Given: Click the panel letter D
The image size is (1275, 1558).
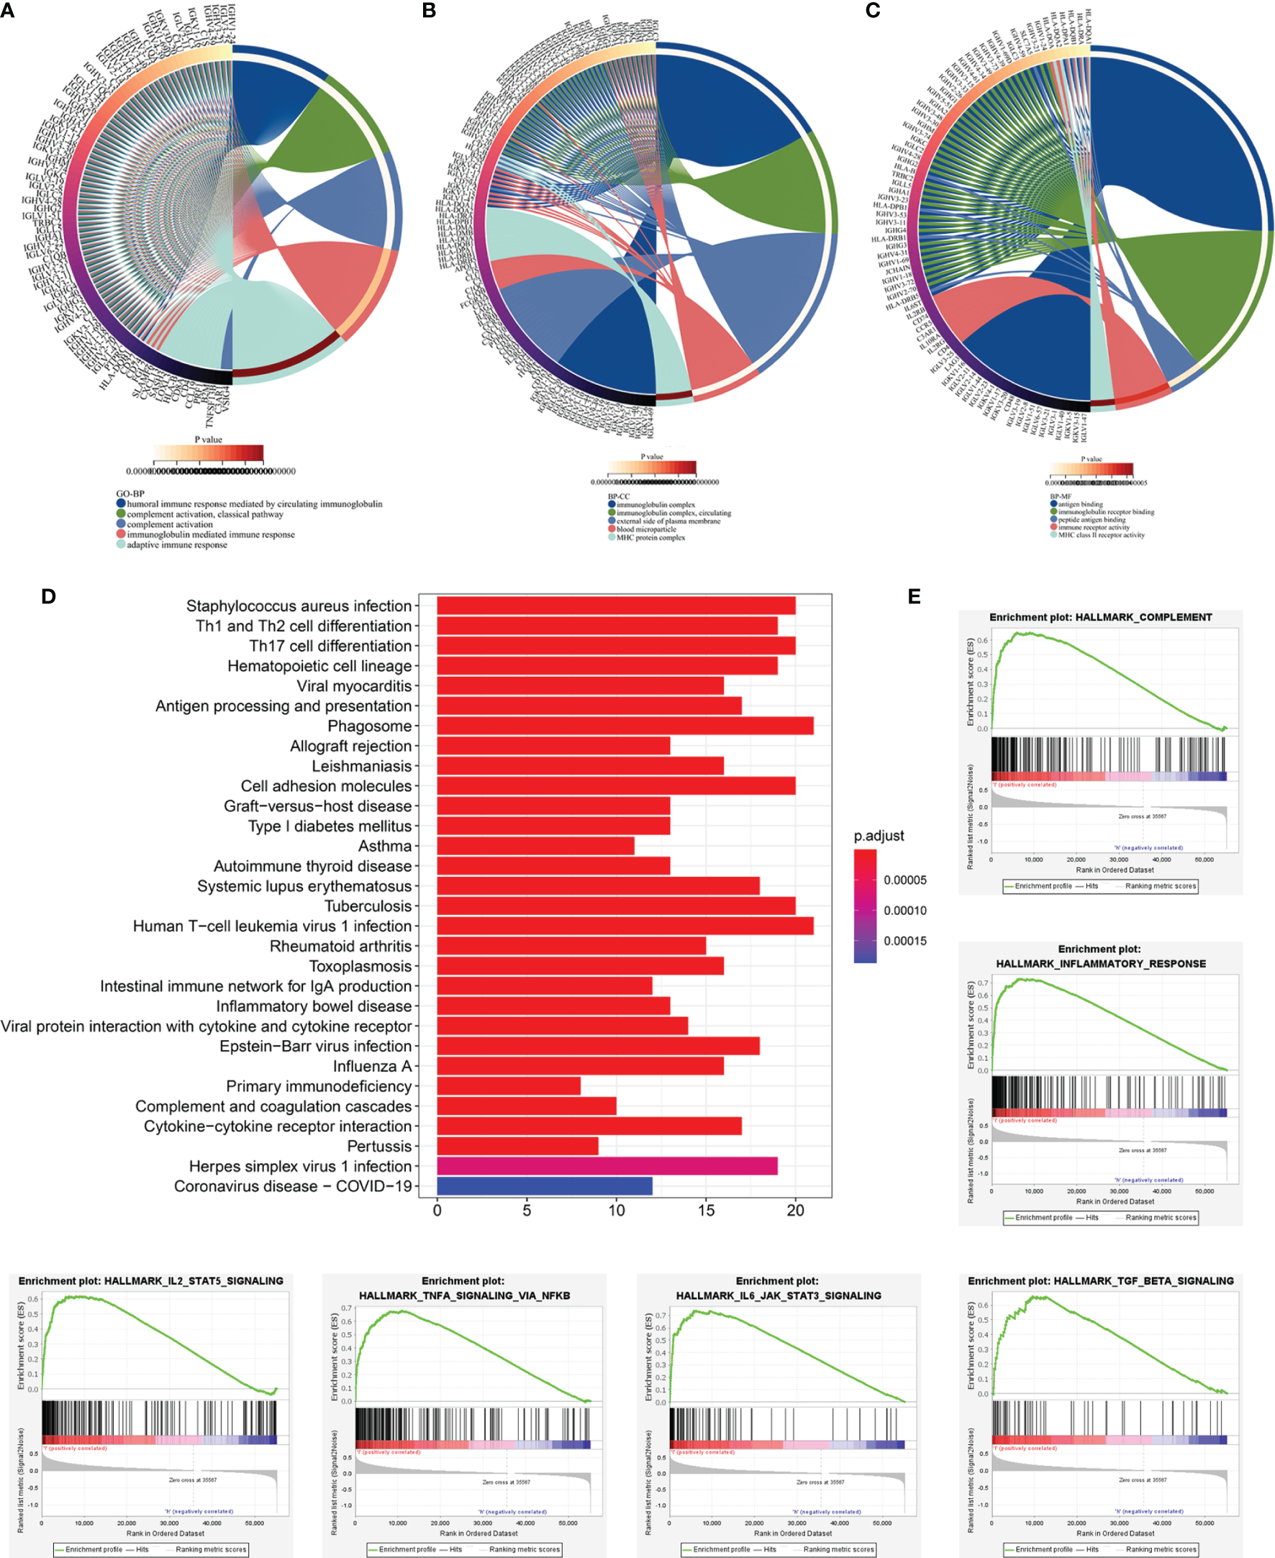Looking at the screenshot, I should [48, 596].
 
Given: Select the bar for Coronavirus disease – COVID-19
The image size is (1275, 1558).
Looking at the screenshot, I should [544, 1185].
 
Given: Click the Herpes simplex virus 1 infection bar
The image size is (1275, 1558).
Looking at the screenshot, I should [607, 1166].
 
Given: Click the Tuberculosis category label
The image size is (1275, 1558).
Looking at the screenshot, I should [368, 906].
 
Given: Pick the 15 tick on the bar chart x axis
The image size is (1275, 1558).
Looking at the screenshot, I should [706, 1211].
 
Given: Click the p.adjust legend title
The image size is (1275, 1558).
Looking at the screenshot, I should [879, 836].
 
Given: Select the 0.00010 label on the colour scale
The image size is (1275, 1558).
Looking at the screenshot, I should [905, 911].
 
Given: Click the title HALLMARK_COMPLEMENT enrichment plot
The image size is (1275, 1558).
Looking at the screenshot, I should [1100, 617].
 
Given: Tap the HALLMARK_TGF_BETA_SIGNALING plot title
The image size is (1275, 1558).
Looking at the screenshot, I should [1100, 1280].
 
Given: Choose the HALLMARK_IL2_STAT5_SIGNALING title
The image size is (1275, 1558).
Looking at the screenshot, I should [150, 1280].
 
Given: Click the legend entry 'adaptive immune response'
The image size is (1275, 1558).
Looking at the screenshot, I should [177, 545].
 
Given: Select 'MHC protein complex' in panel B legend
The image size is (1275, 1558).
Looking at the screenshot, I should [650, 537].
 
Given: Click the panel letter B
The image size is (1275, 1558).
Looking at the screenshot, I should [429, 10].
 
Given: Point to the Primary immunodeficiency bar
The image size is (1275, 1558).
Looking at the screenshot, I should [508, 1086].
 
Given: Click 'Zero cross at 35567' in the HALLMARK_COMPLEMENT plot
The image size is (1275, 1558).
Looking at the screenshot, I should [1142, 816].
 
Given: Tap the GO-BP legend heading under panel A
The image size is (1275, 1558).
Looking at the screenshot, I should [130, 493].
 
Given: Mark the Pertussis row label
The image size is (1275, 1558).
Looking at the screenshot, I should [379, 1146].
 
